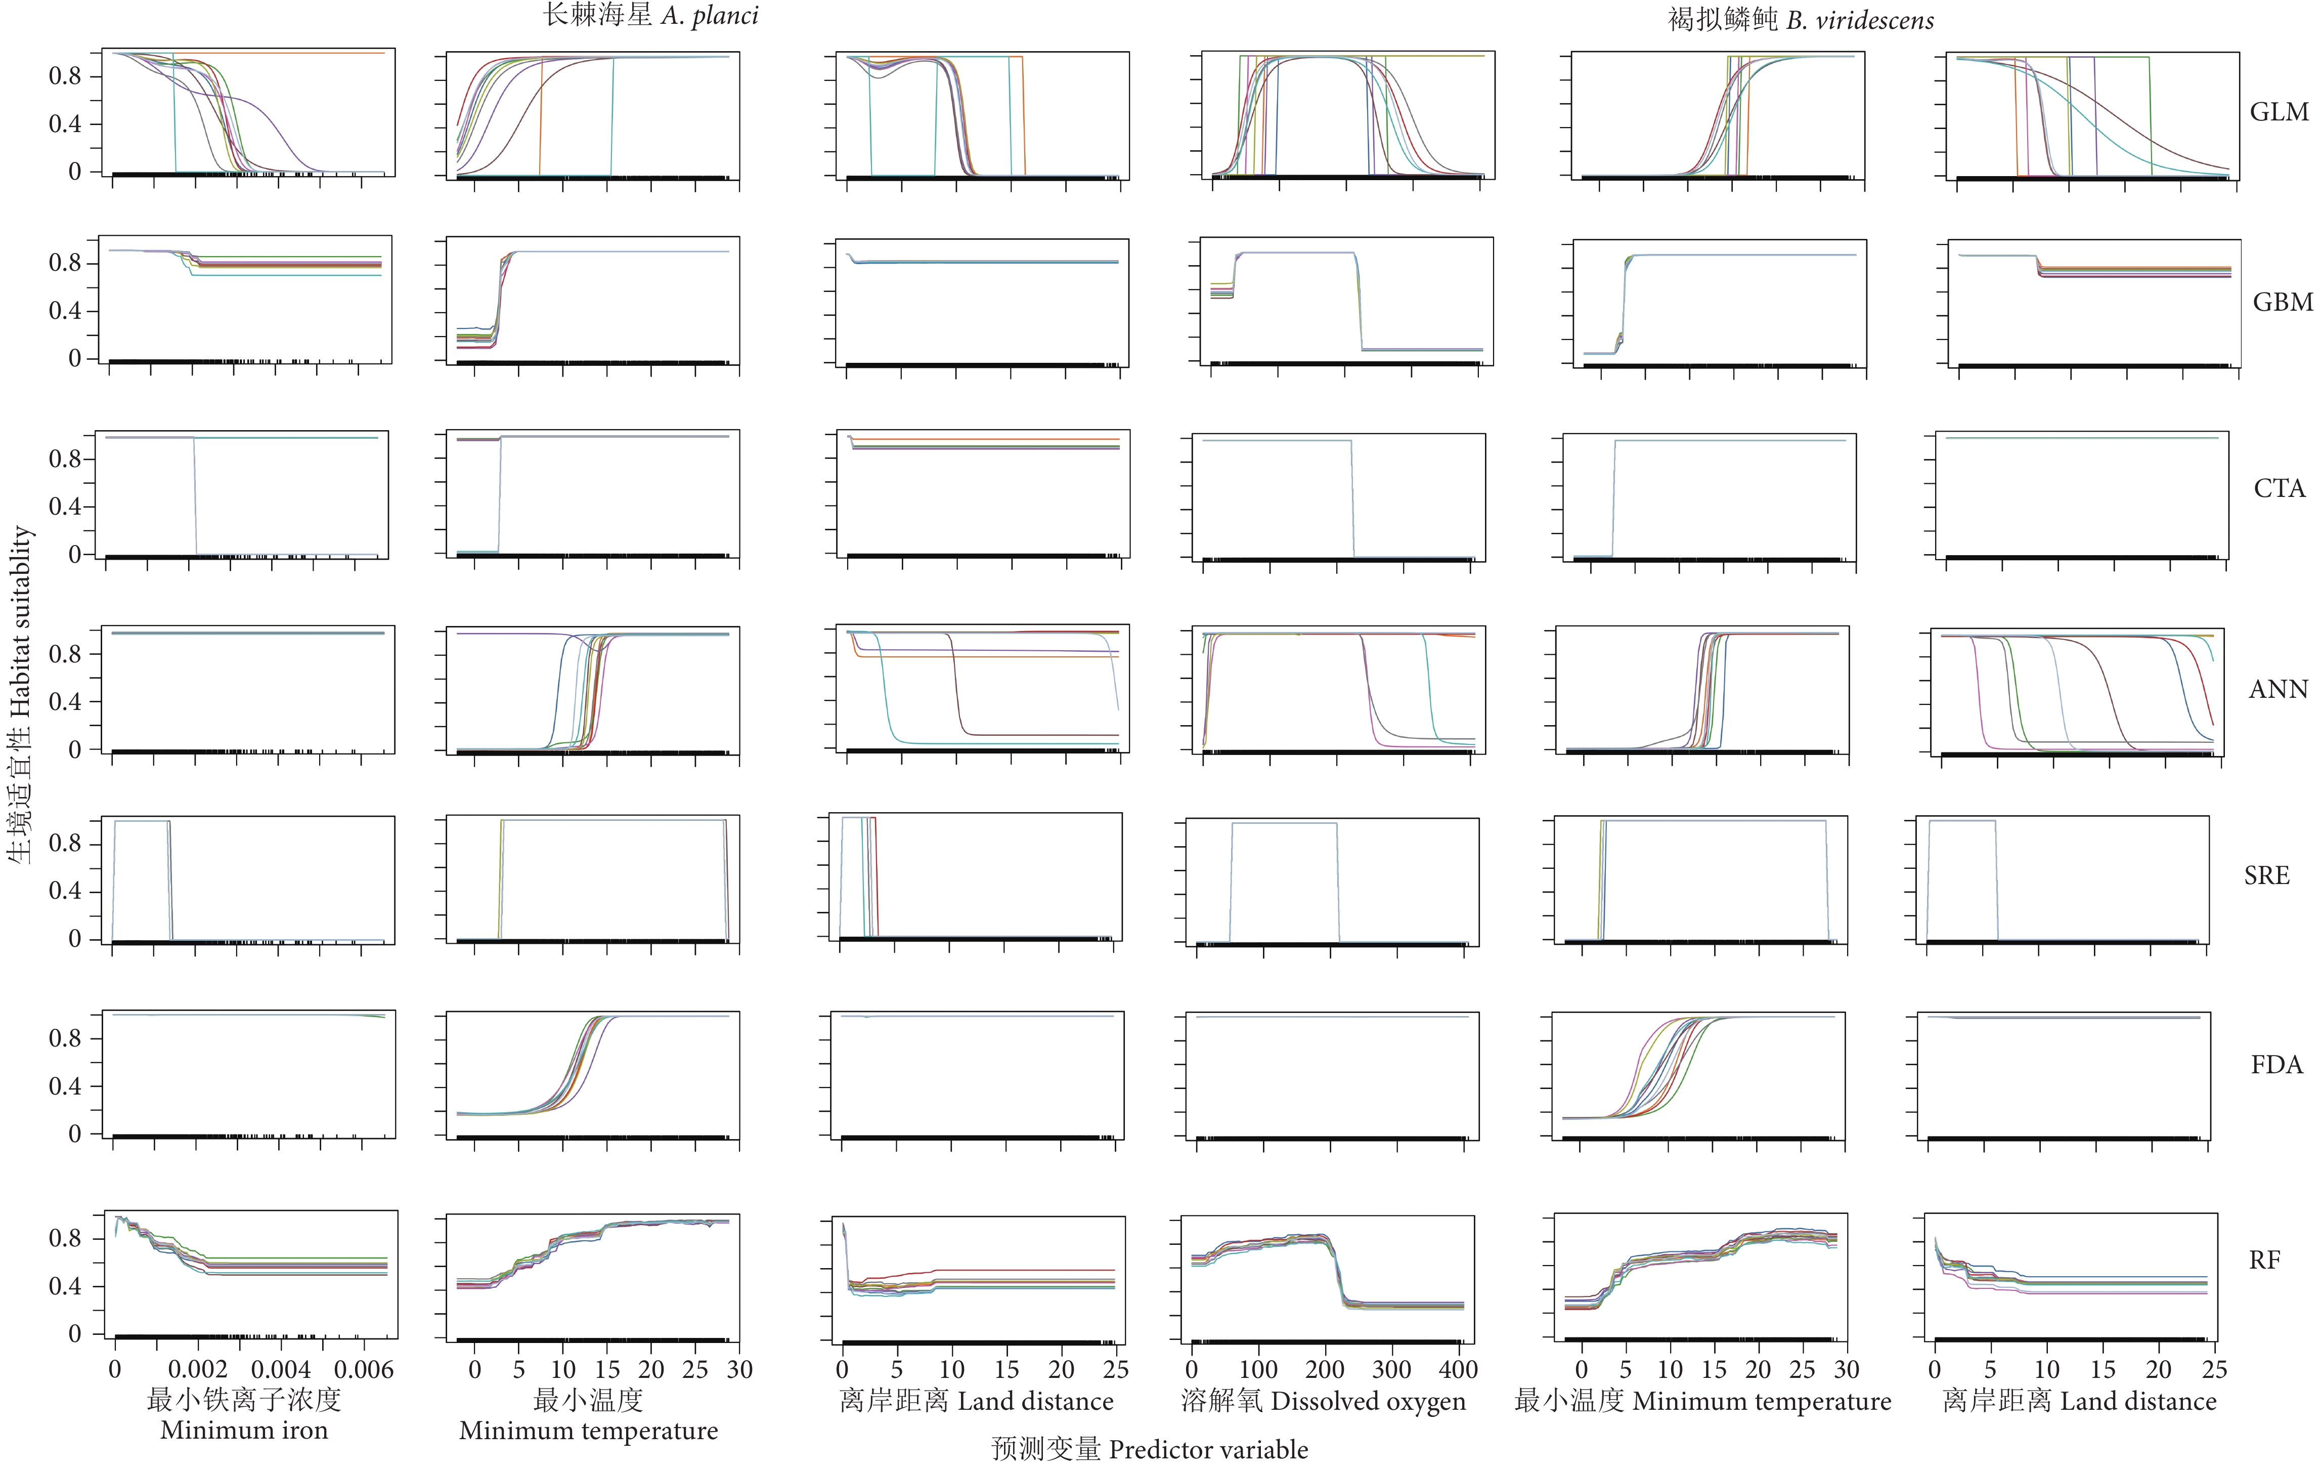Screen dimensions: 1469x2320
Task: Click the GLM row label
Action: click(2279, 112)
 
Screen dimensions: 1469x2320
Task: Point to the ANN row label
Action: click(2278, 689)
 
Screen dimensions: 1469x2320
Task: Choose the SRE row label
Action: click(2266, 875)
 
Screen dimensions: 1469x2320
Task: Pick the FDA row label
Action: click(2275, 1064)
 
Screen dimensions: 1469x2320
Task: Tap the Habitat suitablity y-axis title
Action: click(21, 694)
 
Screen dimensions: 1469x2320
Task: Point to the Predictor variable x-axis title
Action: click(1150, 1449)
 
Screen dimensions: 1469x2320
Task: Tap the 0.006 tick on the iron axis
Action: click(363, 1370)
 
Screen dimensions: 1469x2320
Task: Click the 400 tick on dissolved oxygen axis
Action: click(1458, 1370)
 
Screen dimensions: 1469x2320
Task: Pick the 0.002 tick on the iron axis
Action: click(198, 1370)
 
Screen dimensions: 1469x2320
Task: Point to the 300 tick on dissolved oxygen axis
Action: click(1391, 1370)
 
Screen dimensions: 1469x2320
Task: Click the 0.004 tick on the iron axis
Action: click(280, 1370)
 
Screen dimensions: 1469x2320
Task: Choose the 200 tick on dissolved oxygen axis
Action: click(1325, 1370)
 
